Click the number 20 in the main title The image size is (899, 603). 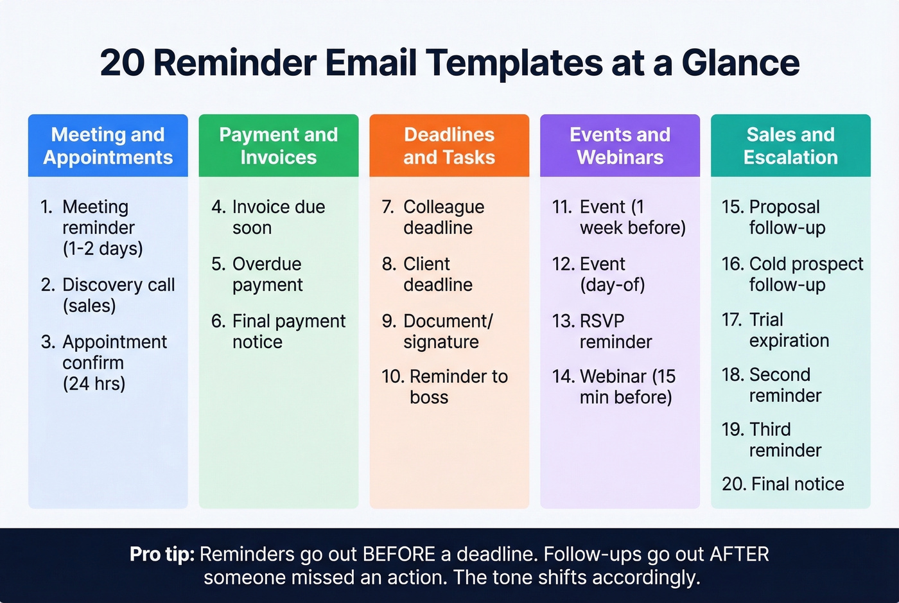pos(122,63)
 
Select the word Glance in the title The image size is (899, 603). pos(740,63)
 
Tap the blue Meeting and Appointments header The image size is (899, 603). pos(108,146)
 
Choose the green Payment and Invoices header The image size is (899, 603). pos(278,146)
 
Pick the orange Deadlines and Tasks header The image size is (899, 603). pos(449,146)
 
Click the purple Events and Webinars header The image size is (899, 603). pos(620,146)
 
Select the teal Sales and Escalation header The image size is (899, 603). pos(790,146)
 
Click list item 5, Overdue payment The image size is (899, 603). pos(266,274)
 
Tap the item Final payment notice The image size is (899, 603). pos(279,331)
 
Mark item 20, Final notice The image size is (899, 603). pos(783,484)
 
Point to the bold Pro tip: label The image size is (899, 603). pos(162,554)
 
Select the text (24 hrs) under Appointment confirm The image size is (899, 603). pos(94,383)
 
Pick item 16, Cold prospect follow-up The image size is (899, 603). pos(793,274)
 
